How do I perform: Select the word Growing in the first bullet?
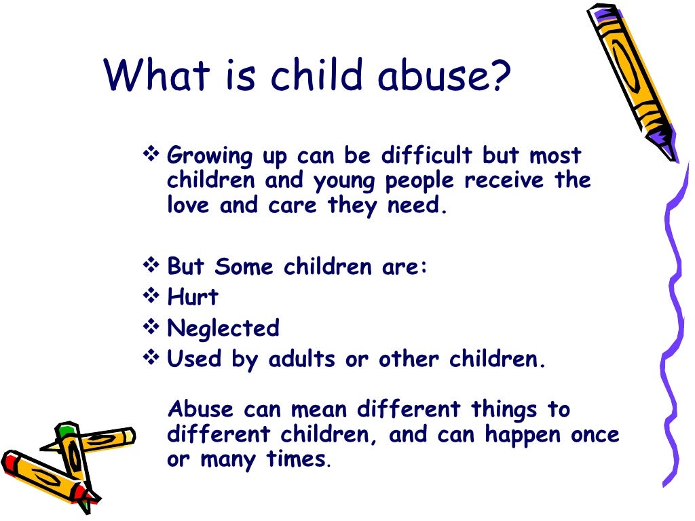[x=209, y=156]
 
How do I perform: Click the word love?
[x=189, y=206]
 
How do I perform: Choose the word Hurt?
[x=193, y=296]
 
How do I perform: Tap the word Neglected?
[x=223, y=328]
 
